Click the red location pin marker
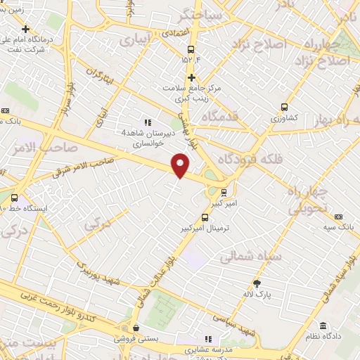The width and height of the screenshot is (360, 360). click(x=181, y=165)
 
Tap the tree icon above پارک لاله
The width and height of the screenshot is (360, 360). click(x=258, y=283)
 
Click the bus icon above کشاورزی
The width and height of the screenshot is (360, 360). click(x=284, y=107)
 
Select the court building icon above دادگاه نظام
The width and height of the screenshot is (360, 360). click(x=323, y=326)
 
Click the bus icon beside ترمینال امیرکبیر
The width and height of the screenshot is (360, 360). click(x=205, y=218)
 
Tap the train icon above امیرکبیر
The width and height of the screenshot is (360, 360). click(x=224, y=191)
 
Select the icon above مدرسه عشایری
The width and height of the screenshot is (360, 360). click(x=208, y=338)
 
